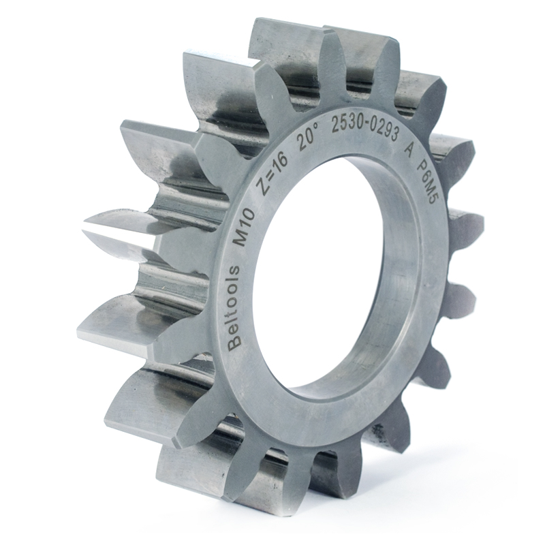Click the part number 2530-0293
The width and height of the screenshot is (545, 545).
[x=365, y=130]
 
